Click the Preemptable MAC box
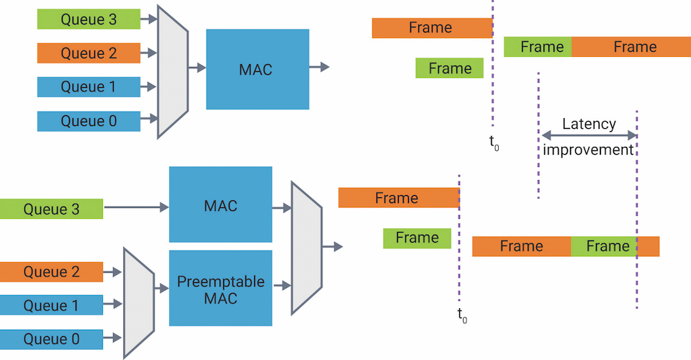[220, 288]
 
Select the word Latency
[589, 125]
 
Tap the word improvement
[588, 150]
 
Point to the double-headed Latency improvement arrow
[590, 135]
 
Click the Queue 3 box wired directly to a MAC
[52, 209]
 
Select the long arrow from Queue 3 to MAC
[136, 207]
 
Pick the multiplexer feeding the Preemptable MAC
[139, 302]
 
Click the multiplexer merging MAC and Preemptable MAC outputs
[307, 248]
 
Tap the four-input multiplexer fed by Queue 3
[173, 71]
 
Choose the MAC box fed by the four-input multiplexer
[258, 69]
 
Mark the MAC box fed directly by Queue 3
[220, 204]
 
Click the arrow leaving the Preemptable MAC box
[282, 286]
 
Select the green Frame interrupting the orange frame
[604, 246]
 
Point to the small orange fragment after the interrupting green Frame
[649, 246]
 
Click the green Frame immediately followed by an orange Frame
[538, 47]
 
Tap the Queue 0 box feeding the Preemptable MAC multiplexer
[52, 339]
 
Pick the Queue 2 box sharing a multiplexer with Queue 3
[89, 53]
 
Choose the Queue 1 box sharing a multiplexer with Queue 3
[89, 87]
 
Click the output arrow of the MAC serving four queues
[320, 67]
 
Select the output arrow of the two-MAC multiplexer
[333, 247]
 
